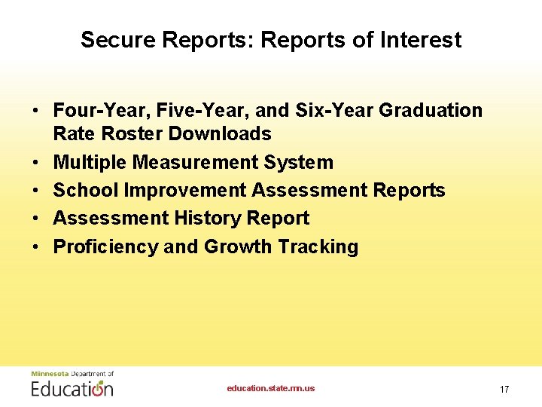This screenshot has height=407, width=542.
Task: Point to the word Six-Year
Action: click(336, 111)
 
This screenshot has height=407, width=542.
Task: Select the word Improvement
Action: click(185, 191)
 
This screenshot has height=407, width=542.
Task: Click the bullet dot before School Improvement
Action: click(36, 191)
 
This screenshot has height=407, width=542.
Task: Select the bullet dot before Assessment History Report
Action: click(36, 219)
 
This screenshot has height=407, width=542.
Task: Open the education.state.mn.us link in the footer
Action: click(271, 389)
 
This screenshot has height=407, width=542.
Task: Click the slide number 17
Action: click(504, 390)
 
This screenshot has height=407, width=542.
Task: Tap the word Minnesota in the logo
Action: click(49, 374)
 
